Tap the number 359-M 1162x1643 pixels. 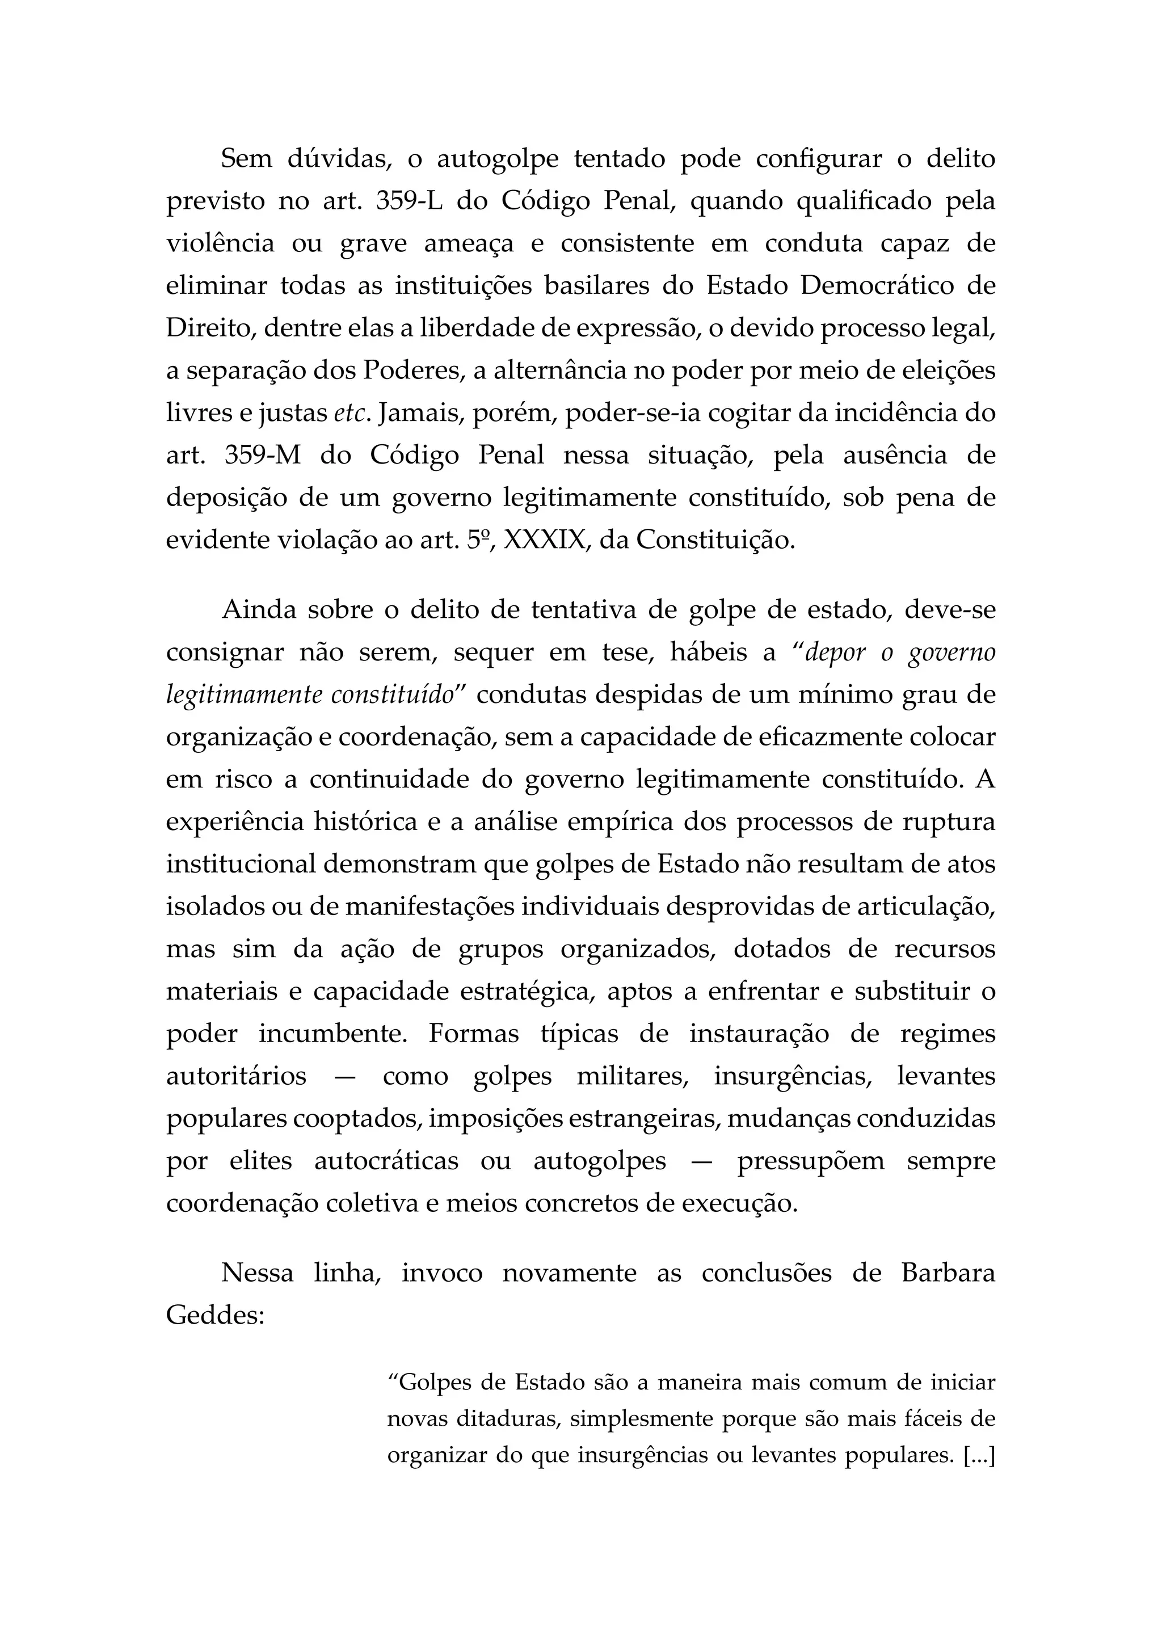263,455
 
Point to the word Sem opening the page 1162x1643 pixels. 246,159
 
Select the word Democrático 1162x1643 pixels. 877,285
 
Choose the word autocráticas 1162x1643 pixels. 386,1160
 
